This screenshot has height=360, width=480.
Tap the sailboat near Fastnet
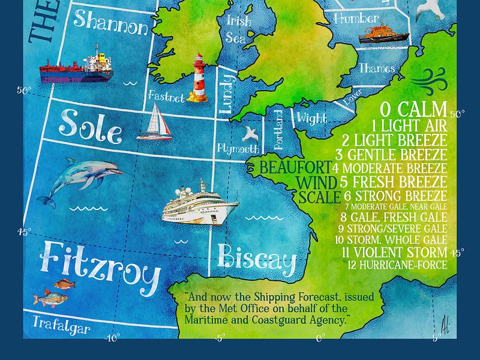pyautogui.click(x=155, y=122)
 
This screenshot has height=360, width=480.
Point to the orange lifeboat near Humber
pyautogui.click(x=383, y=34)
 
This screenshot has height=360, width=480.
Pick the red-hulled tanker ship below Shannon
pyautogui.click(x=77, y=67)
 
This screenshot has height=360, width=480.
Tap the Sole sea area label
pyautogui.click(x=90, y=126)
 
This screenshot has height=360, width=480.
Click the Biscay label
pyautogui.click(x=257, y=259)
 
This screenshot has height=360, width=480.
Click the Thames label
pyautogui.click(x=377, y=68)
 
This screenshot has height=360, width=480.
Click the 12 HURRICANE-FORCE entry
pyautogui.click(x=396, y=265)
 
